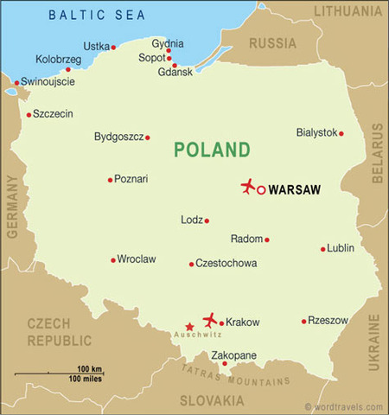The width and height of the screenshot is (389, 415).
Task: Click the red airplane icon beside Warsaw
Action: tap(248, 187)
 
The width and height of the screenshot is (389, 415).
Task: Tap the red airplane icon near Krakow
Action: tap(209, 320)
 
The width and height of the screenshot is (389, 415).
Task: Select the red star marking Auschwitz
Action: tap(190, 327)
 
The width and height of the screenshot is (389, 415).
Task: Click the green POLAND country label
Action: tap(212, 150)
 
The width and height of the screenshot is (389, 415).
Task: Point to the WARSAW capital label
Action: tap(296, 188)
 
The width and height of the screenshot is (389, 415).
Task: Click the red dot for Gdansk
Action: tap(175, 66)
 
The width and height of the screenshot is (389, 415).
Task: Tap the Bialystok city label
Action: tap(316, 133)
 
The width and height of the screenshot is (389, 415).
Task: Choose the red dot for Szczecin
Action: tap(29, 114)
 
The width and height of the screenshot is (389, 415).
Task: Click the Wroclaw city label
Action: tap(137, 259)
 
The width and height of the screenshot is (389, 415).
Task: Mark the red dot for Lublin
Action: tap(323, 249)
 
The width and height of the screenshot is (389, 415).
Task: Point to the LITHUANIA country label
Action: tap(346, 10)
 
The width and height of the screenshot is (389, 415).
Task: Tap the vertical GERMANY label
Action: tap(12, 206)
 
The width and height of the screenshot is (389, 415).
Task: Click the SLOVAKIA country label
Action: tap(212, 401)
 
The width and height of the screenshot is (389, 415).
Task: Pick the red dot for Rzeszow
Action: tap(304, 321)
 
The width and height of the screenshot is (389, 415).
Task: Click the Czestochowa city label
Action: tap(227, 264)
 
